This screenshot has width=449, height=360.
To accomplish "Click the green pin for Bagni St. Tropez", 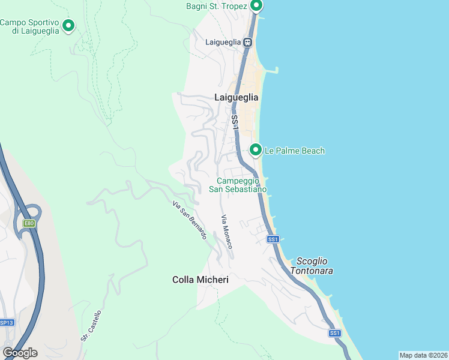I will coord(256,6).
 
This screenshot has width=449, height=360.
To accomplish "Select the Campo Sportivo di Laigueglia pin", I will coord(68,26).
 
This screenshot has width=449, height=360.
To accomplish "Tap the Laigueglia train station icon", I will coord(247,42).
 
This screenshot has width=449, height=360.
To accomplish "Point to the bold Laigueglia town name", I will coord(237,97).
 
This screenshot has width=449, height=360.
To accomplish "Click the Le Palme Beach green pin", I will coord(256,149).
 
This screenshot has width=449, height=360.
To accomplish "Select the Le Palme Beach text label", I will coord(294,151).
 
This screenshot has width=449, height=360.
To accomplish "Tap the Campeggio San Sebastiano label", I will coord(237,185).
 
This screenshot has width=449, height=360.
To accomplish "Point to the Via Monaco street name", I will coord(226,232).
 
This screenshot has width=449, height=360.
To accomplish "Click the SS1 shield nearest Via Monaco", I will coord(273,239).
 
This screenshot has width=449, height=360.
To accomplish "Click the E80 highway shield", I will coord(29,223).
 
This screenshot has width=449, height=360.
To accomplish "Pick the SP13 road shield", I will coord(6,322).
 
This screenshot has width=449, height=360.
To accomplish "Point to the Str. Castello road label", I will coord(91,326).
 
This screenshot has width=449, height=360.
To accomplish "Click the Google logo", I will coord(20,352).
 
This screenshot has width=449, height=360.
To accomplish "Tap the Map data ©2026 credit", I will coord(423,355).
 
